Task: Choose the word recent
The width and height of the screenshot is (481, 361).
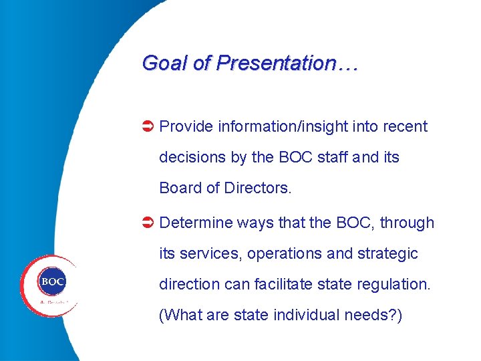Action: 403,126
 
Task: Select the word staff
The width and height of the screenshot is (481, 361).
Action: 330,158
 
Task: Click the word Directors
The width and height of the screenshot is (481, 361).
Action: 258,189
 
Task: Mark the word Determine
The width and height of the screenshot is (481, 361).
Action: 196,223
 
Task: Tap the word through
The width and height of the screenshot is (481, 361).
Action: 407,223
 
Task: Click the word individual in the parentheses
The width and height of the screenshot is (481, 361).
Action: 306,315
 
